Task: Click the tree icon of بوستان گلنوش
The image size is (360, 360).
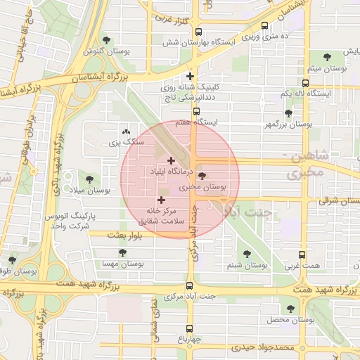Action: pyautogui.click(x=106, y=40)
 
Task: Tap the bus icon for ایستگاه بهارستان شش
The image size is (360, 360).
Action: pyautogui.click(x=198, y=32)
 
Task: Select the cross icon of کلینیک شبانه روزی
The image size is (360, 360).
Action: pyautogui.click(x=190, y=77)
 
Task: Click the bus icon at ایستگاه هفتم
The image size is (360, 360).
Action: pyautogui.click(x=196, y=111)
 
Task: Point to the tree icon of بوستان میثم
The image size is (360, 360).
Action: pyautogui.click(x=327, y=57)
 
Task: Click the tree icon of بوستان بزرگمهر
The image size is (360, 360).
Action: pyautogui.click(x=288, y=112)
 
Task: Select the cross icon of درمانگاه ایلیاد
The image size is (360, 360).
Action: pyautogui.click(x=171, y=160)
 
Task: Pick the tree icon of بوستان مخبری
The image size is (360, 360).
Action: pyautogui.click(x=202, y=176)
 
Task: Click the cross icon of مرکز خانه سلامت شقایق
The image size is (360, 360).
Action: pyautogui.click(x=162, y=200)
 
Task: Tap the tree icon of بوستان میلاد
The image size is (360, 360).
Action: pyautogui.click(x=89, y=179)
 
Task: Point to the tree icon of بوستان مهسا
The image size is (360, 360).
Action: pyautogui.click(x=122, y=252)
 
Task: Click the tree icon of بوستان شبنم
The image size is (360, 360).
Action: pyautogui.click(x=246, y=254)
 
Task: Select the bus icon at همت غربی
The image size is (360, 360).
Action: pyautogui.click(x=302, y=255)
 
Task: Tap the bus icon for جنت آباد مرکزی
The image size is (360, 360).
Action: pyautogui.click(x=189, y=285)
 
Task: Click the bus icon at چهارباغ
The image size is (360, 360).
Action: pyautogui.click(x=189, y=328)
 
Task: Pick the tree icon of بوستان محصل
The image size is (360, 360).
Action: pyautogui.click(x=290, y=309)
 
